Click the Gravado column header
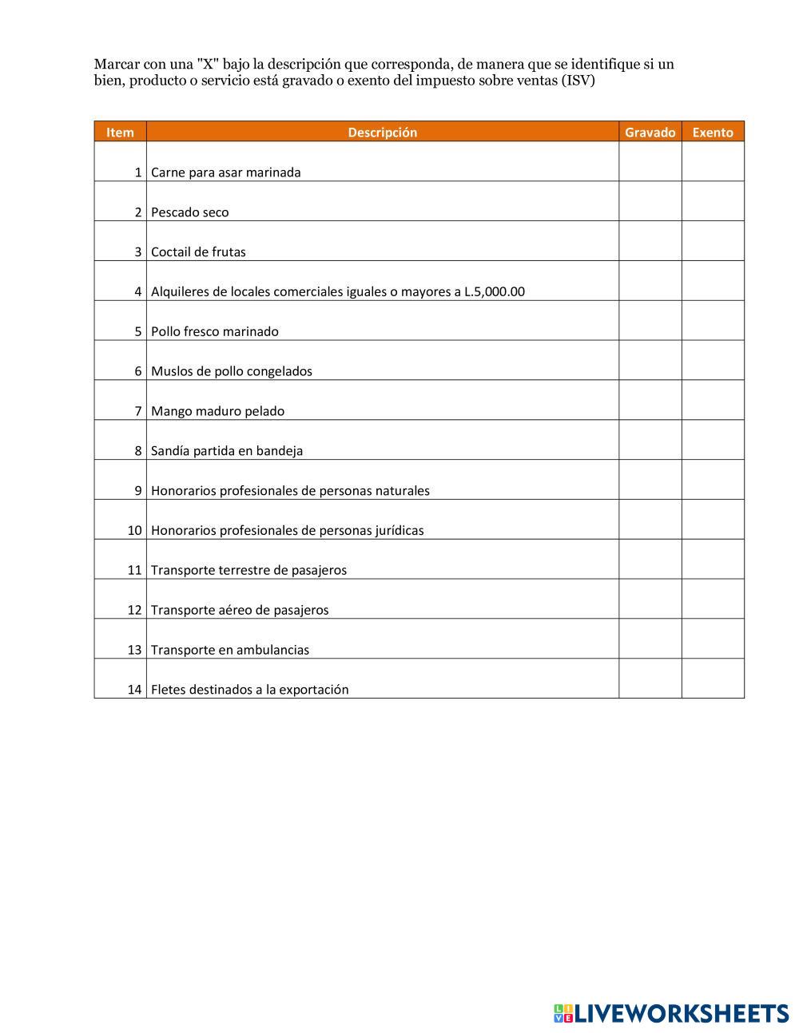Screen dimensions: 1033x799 click(650, 133)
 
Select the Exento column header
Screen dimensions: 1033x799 click(712, 133)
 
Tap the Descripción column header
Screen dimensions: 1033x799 click(382, 133)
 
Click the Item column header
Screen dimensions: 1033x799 click(120, 133)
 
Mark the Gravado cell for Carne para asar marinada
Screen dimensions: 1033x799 click(650, 162)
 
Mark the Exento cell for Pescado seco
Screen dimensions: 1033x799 click(713, 202)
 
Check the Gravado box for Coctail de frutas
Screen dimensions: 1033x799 click(650, 242)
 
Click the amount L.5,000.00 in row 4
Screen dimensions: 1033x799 click(495, 292)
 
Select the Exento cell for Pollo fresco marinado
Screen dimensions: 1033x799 click(713, 321)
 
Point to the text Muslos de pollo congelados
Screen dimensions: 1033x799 click(231, 371)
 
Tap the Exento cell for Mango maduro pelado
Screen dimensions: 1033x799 click(713, 401)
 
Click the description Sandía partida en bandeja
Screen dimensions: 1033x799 click(227, 451)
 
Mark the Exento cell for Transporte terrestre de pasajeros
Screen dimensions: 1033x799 click(713, 560)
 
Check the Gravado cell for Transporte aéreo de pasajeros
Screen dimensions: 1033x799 click(650, 600)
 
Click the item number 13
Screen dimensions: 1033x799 click(134, 650)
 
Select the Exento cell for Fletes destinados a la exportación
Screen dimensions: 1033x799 click(713, 679)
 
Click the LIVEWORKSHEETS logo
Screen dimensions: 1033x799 click(671, 1013)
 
